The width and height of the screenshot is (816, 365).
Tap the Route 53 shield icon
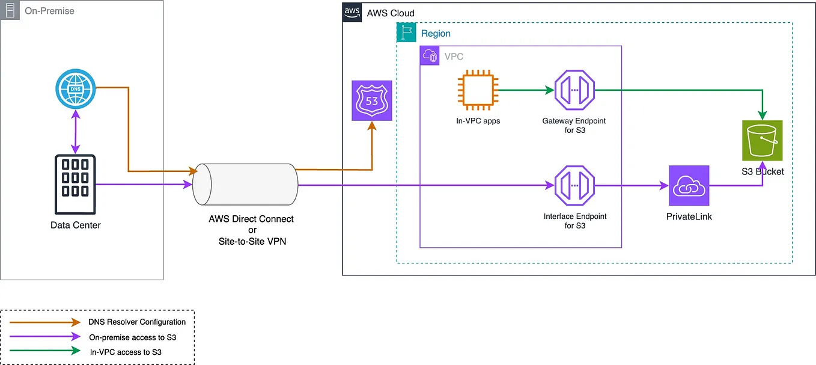[372, 100]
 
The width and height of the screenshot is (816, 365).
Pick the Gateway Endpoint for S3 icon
[574, 91]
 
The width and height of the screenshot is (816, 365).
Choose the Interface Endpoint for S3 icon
[574, 186]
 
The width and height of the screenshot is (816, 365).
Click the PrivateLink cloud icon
[689, 186]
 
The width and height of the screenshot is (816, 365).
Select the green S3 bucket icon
[763, 141]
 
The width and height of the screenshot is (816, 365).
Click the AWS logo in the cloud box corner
[352, 13]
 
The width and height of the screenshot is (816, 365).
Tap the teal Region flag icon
[407, 33]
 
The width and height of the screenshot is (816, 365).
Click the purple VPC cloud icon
[430, 57]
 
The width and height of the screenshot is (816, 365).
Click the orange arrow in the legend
[45, 322]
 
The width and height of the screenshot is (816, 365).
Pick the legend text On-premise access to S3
[132, 337]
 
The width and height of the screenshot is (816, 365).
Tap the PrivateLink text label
[689, 216]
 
